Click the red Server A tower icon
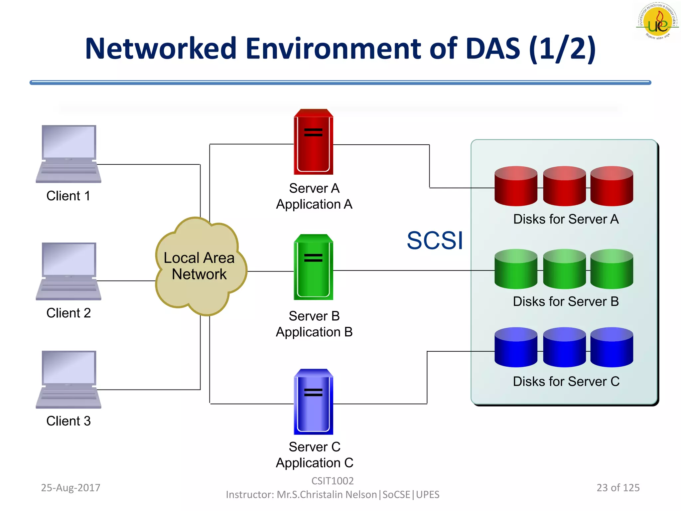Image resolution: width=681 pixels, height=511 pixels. [x=313, y=142]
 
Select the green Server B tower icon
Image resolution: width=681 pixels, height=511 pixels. [x=313, y=267]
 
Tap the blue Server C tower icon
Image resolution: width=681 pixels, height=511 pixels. [x=313, y=402]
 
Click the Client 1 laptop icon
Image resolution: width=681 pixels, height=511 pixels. [x=68, y=154]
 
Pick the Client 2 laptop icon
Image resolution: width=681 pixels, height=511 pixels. [x=68, y=271]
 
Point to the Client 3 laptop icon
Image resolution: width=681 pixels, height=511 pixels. [x=68, y=379]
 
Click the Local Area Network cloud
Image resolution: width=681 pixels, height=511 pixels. [x=200, y=266]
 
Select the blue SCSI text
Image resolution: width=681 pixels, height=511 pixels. [x=435, y=241]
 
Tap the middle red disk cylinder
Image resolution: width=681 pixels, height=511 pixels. [x=564, y=186]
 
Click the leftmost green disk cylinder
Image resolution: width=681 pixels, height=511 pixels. [x=516, y=269]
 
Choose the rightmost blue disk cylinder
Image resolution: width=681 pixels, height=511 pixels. [x=612, y=347]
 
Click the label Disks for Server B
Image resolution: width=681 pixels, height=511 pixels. [x=566, y=301]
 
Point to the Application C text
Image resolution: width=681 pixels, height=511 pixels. [x=314, y=463]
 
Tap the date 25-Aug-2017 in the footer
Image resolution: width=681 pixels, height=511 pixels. [x=70, y=487]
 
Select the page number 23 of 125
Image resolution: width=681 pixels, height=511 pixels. [x=618, y=487]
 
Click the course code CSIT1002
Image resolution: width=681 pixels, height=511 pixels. [x=332, y=481]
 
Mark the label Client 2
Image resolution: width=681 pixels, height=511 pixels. [x=68, y=313]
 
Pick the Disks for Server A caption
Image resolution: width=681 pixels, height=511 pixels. [x=566, y=219]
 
